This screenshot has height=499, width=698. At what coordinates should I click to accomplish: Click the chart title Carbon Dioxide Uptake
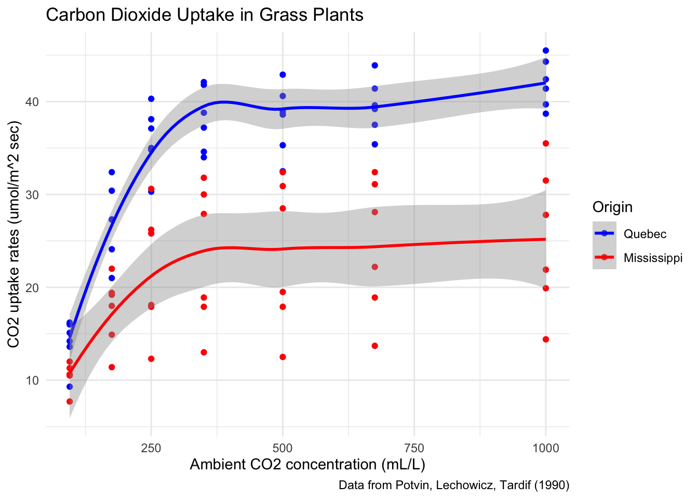pos(205,15)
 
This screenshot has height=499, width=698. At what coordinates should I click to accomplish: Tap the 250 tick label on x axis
pos(151,448)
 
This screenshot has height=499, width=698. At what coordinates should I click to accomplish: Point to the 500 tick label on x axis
pos(283,448)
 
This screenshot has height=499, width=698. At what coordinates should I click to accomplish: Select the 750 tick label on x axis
pos(414,448)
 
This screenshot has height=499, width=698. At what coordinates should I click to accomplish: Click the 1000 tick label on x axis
pos(545,448)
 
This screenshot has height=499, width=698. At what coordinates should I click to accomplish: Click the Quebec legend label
pos(645,234)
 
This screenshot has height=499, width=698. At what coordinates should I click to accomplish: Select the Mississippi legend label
pos(653,258)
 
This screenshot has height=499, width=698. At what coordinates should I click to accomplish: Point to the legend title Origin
pos(612,207)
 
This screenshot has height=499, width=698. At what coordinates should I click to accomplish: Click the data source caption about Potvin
pos(454,485)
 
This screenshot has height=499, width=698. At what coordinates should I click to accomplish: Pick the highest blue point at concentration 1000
pos(546,50)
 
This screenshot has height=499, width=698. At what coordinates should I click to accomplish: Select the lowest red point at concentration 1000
pos(546,339)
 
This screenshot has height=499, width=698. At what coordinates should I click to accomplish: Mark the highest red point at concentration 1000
pos(546,143)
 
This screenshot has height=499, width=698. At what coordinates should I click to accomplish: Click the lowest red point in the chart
pos(70,401)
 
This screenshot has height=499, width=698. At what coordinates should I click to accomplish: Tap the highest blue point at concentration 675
pos(375,65)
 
